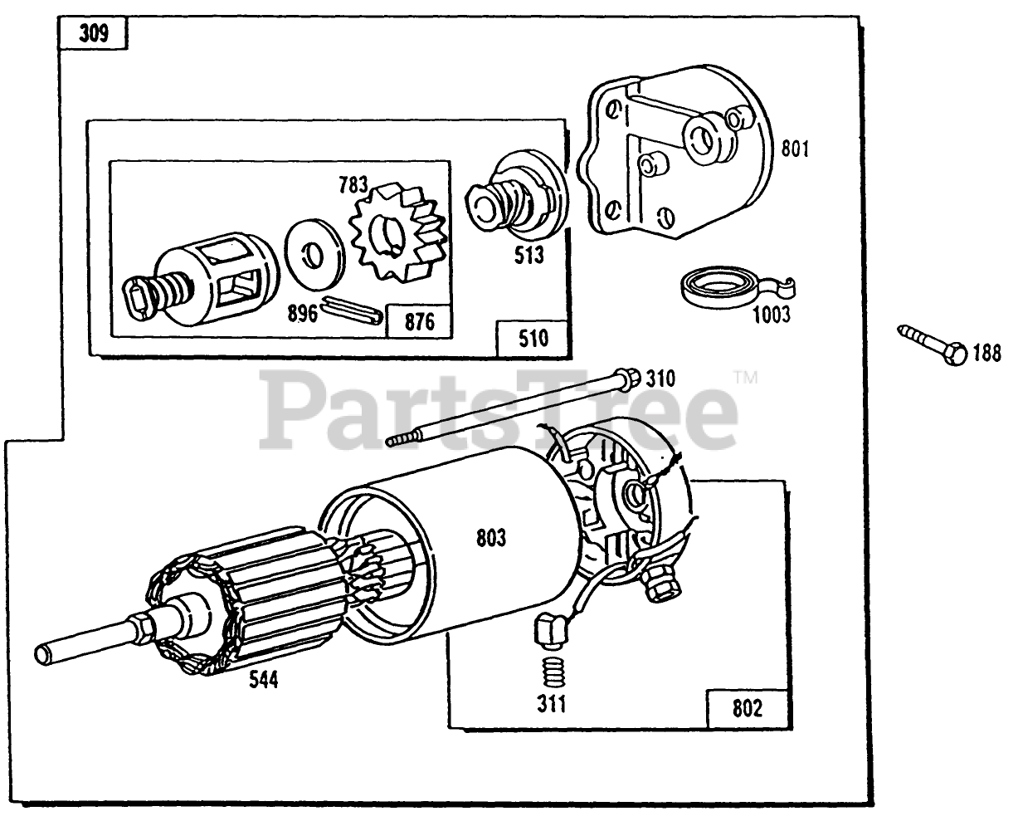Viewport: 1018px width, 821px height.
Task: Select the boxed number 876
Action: coord(420,321)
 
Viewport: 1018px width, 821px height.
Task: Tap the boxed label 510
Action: coord(533,339)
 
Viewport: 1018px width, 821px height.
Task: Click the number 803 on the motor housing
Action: coord(491,538)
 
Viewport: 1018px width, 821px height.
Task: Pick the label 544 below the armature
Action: coord(264,682)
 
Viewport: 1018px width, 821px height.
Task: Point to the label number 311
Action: coord(551,705)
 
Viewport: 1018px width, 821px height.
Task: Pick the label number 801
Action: coord(795,149)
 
